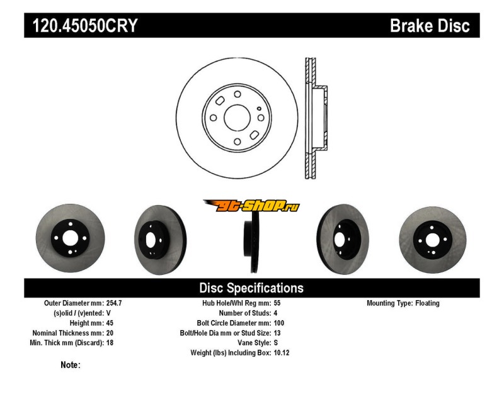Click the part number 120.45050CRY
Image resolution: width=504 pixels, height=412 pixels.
[81, 26]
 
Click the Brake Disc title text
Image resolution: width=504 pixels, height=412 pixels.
[430, 26]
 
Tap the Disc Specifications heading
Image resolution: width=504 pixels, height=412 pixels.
[251, 288]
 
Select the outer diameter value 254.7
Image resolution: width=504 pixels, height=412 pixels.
[114, 303]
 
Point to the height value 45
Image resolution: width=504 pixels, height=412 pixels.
[110, 323]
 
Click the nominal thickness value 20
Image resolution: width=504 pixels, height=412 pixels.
[110, 333]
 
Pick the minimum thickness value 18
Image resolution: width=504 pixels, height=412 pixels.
[110, 343]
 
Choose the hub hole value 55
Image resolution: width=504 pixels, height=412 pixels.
[278, 303]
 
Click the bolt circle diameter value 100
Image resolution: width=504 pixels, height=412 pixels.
[280, 323]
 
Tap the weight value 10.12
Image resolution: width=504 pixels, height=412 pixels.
[282, 353]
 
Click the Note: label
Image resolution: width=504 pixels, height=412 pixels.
[70, 365]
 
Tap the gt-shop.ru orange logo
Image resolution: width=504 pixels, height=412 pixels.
[251, 206]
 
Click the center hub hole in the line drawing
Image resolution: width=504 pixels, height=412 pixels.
[237, 118]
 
